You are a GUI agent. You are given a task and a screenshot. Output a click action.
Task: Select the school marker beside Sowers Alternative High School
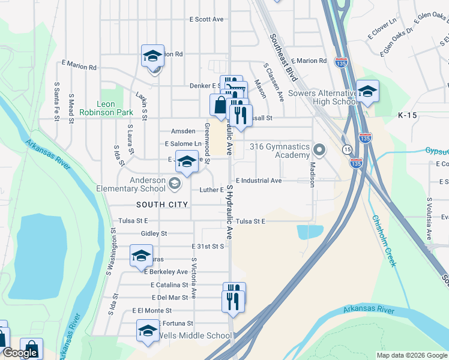point(367,91)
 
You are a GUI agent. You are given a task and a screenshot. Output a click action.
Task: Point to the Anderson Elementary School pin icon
point(175,184)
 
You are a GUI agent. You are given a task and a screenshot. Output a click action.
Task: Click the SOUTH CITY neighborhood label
point(162,205)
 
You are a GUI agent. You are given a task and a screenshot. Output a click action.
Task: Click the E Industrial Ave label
point(259,181)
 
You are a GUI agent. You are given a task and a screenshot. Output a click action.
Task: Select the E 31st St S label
point(208,246)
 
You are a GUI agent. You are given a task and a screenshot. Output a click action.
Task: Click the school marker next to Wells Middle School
point(148,331)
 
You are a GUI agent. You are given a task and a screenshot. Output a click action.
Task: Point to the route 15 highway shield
point(348,149)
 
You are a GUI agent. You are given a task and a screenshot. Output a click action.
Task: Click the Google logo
point(20,353)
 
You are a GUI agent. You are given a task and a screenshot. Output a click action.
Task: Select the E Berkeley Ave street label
point(166,272)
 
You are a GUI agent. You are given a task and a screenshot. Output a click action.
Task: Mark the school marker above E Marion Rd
point(153,56)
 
